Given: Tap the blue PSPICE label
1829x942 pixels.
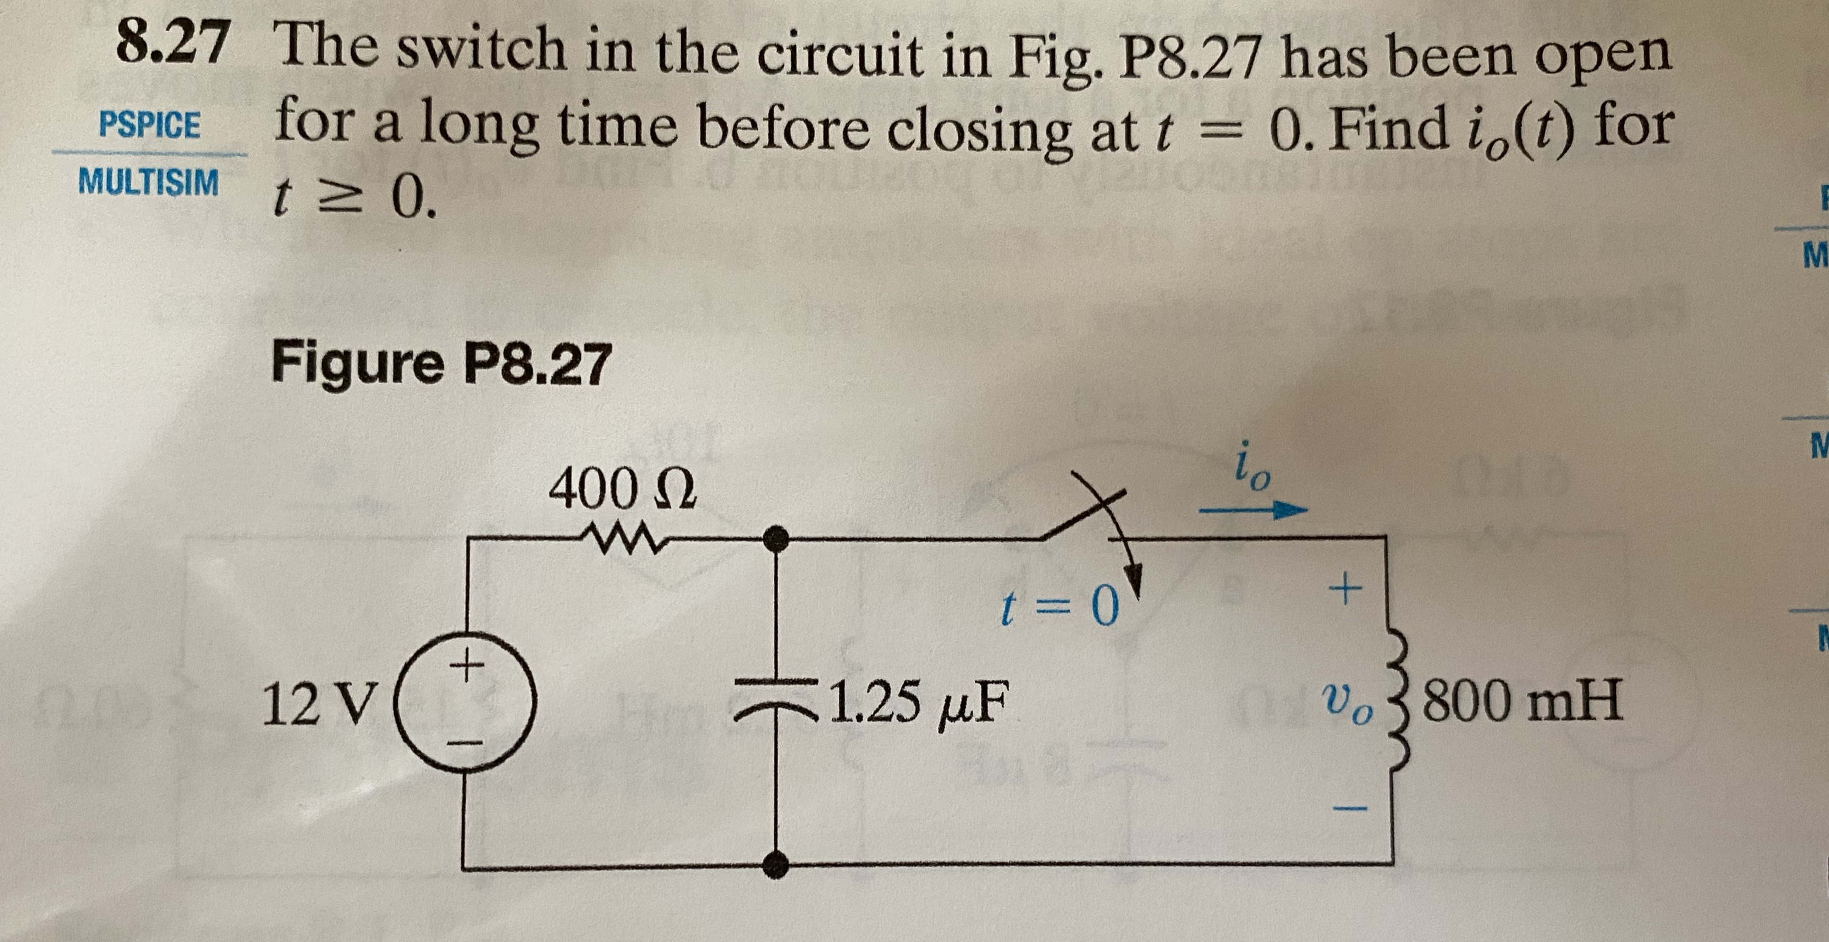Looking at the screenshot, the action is (150, 125).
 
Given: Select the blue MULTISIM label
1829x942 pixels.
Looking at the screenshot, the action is (149, 182).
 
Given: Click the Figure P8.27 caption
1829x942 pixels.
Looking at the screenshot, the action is (440, 363).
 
